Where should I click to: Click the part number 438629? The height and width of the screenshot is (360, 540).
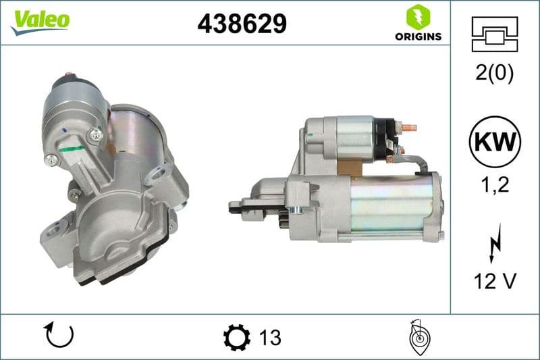tap(242, 24)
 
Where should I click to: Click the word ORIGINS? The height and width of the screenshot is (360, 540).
tap(418, 36)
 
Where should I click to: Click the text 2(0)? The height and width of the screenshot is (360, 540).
tap(494, 73)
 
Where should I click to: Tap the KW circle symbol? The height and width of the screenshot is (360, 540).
tap(495, 142)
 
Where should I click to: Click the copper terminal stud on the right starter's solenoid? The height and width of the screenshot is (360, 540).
tap(409, 127)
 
